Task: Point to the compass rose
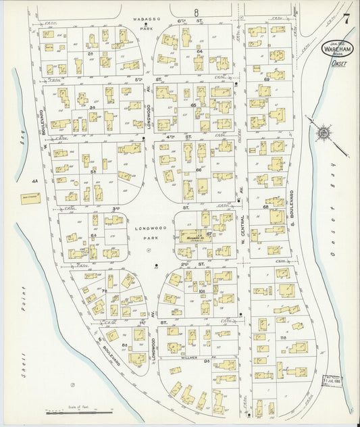click(325, 132)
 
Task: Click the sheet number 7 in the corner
click(346, 18)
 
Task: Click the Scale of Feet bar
click(72, 410)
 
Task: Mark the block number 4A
click(34, 182)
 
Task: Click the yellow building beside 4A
click(30, 198)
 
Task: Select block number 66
click(199, 170)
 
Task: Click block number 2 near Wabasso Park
click(90, 53)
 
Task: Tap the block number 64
click(200, 51)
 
